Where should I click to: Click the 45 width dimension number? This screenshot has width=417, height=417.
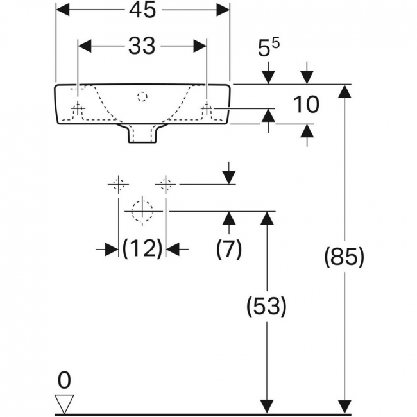142,10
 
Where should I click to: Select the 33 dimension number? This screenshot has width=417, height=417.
142,46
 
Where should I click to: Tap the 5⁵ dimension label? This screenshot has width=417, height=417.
268,48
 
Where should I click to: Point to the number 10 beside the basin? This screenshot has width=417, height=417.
306,104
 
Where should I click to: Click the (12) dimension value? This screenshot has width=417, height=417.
142,249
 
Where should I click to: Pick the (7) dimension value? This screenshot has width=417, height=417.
229,249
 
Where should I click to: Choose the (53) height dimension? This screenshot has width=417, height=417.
267,307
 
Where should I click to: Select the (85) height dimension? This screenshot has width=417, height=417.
345,257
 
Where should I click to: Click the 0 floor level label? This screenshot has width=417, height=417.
64,380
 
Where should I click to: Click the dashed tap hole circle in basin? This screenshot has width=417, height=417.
142,96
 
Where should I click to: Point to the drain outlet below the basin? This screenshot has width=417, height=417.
142,134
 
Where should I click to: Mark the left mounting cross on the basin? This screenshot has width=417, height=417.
78,108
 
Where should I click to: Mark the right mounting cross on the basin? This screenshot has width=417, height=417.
207,108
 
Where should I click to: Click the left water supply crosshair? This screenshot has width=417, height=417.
118,184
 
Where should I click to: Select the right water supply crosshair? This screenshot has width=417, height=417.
166,184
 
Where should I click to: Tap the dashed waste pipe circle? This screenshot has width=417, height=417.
142,211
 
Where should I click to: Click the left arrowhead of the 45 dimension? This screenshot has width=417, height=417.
63,10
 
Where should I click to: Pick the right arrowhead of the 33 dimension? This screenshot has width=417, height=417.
200,46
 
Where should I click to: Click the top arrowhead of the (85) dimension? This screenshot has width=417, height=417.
345,91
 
